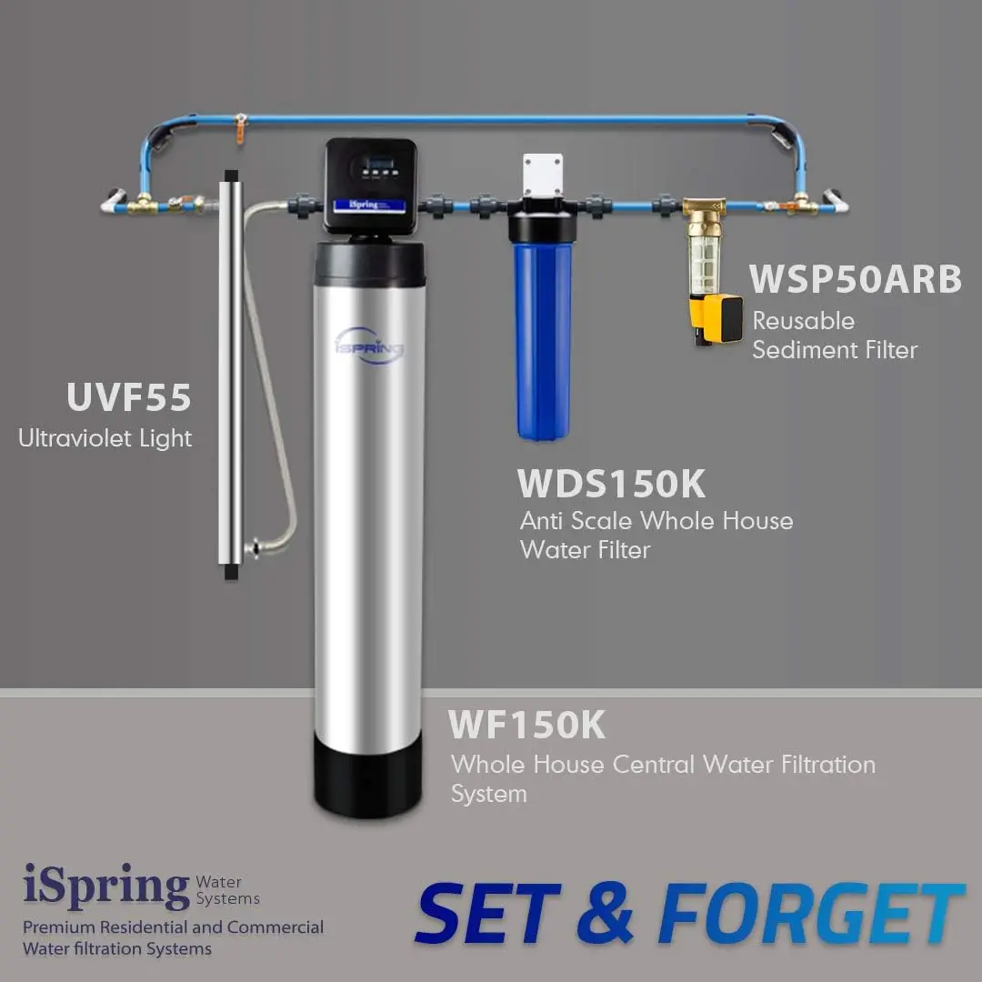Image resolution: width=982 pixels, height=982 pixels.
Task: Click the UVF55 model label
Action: [129, 397]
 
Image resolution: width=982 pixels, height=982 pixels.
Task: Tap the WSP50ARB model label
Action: [855, 279]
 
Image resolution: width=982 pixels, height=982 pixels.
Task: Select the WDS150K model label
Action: [611, 484]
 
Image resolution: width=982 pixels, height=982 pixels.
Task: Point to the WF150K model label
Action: [526, 726]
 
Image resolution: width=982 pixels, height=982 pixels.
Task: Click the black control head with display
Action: [371, 182]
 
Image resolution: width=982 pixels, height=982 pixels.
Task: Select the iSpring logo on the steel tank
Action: [369, 346]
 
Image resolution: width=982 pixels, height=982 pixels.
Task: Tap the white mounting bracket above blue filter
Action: [543, 175]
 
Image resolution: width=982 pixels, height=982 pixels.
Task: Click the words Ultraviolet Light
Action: [105, 438]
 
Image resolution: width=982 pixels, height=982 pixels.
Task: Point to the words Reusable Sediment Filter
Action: [834, 336]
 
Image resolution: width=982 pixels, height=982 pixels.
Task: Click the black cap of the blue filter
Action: [543, 227]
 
